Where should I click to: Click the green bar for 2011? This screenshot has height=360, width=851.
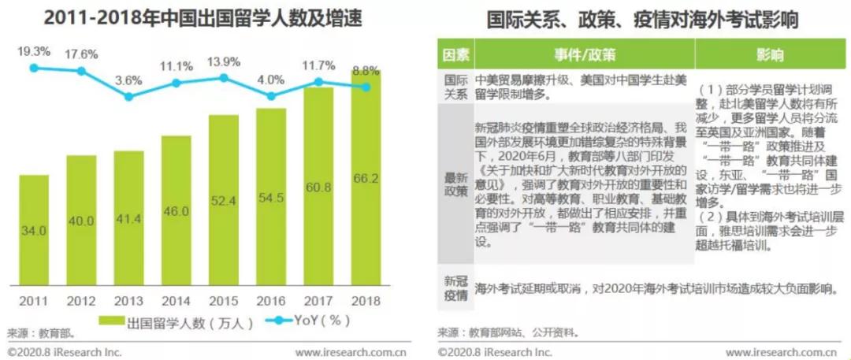34,228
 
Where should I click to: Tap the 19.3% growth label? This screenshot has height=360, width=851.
34,52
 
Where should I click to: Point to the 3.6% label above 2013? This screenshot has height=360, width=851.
128,80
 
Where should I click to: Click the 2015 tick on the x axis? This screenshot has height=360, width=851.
224,300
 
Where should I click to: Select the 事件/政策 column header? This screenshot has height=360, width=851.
584,55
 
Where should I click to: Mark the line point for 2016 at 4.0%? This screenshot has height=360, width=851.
271,96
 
